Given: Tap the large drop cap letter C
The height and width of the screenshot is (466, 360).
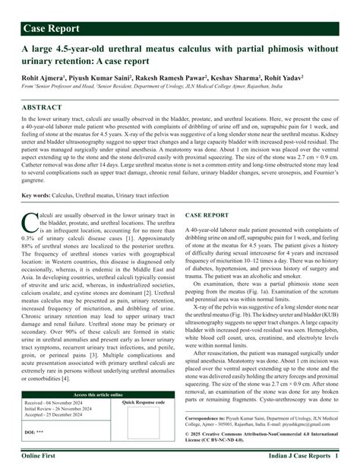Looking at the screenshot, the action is pos(30,223).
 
